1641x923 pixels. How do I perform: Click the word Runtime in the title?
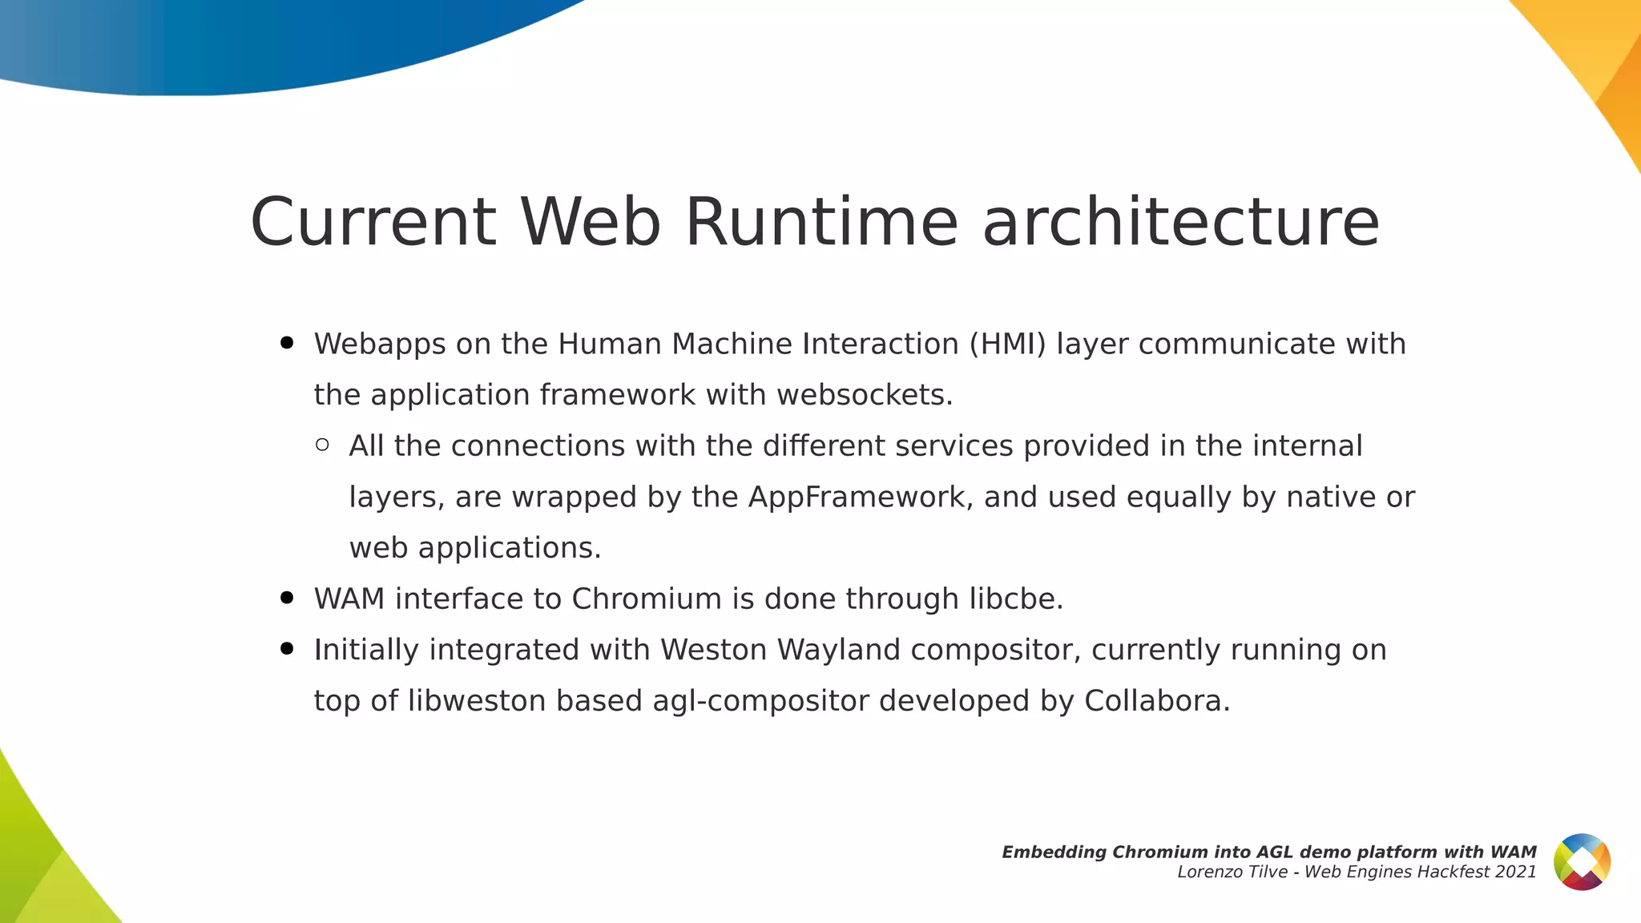[821, 222]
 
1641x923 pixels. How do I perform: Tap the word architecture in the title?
[1181, 222]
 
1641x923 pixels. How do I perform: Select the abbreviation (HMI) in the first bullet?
[1007, 344]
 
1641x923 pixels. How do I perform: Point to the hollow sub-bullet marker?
[322, 445]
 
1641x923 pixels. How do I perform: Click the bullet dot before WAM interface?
[287, 598]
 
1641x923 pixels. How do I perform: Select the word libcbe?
[1016, 599]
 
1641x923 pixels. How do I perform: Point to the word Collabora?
[1156, 701]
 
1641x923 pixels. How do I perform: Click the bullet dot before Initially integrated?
[287, 648]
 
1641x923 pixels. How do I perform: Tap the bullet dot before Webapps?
[287, 343]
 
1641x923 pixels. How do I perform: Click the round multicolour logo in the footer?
[1582, 862]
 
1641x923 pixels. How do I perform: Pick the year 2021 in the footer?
[1516, 872]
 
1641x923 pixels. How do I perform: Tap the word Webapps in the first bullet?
[380, 344]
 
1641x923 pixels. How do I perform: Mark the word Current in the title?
[373, 222]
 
